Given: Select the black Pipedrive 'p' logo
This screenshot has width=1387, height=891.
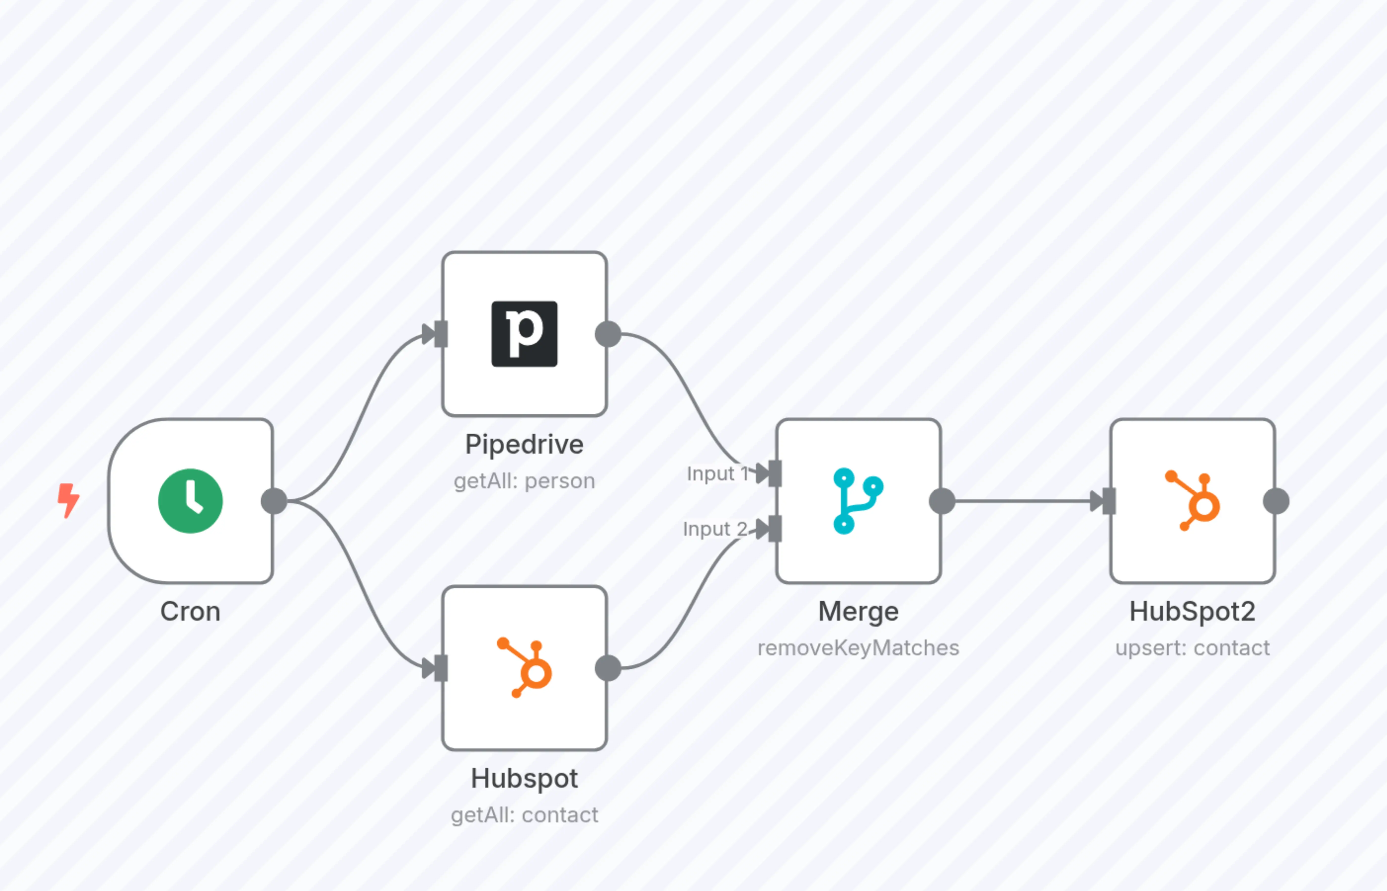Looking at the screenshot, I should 524,334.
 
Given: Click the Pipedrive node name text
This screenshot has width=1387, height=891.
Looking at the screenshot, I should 524,444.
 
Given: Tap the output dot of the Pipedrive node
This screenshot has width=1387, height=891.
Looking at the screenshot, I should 608,334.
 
